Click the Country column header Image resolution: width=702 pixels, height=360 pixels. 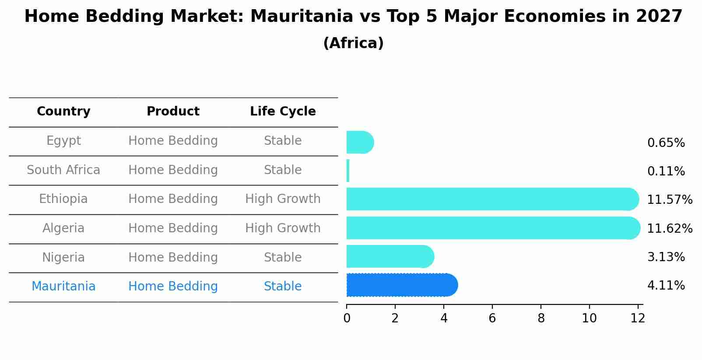tap(63, 112)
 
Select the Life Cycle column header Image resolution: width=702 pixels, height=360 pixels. tap(283, 112)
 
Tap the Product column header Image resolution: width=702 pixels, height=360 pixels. tap(173, 112)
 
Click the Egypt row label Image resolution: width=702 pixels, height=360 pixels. tap(63, 141)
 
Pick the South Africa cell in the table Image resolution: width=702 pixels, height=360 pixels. tap(63, 170)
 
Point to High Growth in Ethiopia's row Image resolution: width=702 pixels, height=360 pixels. tap(283, 199)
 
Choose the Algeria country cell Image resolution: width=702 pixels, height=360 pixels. tap(63, 228)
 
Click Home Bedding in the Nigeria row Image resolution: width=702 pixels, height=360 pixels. tap(173, 258)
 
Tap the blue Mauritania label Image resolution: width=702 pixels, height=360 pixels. tap(63, 287)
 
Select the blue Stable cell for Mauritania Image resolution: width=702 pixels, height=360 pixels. tap(283, 287)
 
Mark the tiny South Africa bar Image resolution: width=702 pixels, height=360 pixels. tap(348, 171)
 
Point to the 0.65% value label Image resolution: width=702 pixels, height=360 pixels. tap(666, 143)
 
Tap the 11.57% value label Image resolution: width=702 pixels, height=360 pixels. tap(669, 200)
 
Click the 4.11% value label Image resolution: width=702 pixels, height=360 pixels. tap(666, 286)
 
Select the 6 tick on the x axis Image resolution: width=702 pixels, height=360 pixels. tap(492, 318)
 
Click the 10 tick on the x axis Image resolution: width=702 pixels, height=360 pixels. tap(589, 318)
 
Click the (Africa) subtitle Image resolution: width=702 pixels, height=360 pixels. tap(353, 43)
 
